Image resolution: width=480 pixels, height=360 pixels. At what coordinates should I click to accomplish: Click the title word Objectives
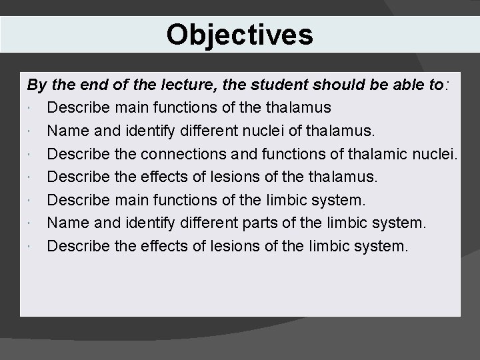tap(239, 35)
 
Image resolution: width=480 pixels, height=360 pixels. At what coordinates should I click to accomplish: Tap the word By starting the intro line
tap(36, 86)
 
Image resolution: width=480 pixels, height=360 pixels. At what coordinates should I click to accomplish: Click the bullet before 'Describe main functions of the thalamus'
tap(31, 108)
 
